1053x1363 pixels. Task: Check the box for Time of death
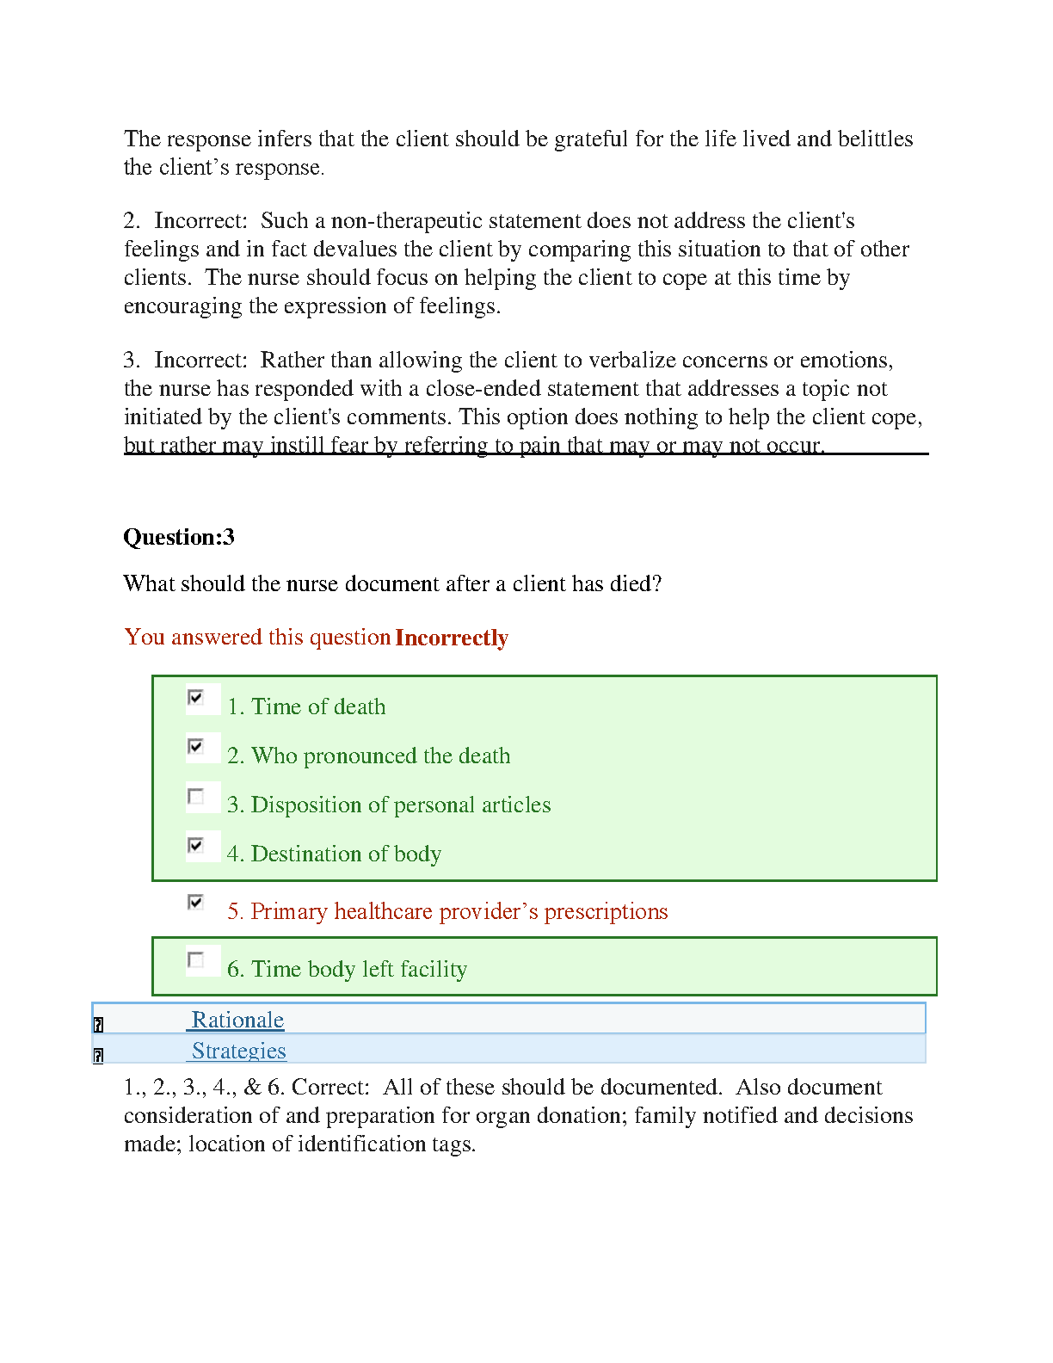pyautogui.click(x=196, y=697)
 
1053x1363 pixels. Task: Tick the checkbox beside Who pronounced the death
pyautogui.click(x=196, y=746)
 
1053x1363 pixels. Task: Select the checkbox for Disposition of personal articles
pyautogui.click(x=196, y=796)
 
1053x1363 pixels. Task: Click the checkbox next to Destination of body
pyautogui.click(x=196, y=845)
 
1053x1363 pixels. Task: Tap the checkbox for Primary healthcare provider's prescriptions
pyautogui.click(x=196, y=902)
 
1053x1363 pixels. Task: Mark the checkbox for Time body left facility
pyautogui.click(x=196, y=959)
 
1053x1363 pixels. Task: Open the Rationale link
pyautogui.click(x=237, y=1020)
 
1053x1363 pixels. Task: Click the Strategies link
pyautogui.click(x=238, y=1051)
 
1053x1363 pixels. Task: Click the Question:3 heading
pyautogui.click(x=179, y=537)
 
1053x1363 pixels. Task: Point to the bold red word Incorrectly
pyautogui.click(x=452, y=638)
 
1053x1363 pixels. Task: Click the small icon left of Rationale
pyautogui.click(x=98, y=1025)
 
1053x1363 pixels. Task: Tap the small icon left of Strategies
pyautogui.click(x=98, y=1056)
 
